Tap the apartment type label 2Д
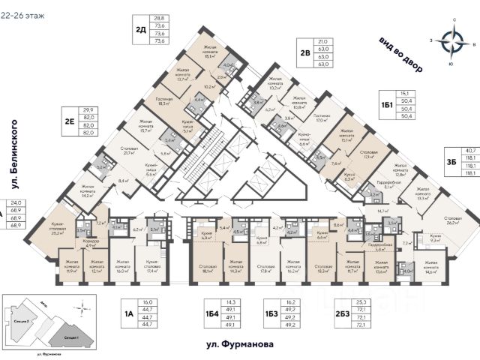click(140, 31)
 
